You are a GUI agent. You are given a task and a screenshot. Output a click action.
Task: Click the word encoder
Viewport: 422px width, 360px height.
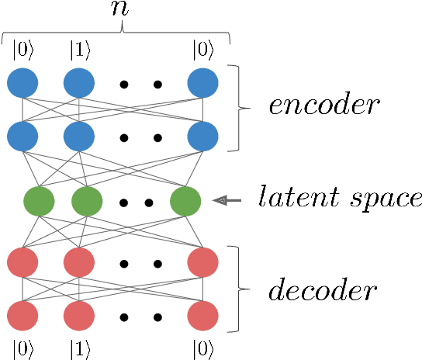pos(323,106)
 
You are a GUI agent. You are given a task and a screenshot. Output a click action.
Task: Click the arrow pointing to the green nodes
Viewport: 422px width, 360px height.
pos(227,200)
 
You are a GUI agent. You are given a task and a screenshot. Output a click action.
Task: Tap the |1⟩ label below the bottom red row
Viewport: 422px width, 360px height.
pos(78,348)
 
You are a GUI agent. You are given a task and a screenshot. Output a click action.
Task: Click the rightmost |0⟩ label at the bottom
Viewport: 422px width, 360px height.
pos(202,348)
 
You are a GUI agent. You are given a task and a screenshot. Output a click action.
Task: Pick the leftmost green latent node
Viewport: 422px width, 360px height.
pos(39,201)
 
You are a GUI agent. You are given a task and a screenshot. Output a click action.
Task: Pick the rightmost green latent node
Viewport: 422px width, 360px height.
pos(185,201)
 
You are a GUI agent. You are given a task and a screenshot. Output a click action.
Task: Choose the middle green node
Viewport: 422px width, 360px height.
pos(87,201)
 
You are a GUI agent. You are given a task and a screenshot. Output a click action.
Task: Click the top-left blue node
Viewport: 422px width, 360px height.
pos(23,83)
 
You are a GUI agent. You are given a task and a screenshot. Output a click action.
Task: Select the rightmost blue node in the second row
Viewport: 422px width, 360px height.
pos(202,137)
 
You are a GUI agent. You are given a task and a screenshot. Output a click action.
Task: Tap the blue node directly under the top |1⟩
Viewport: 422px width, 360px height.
pos(78,83)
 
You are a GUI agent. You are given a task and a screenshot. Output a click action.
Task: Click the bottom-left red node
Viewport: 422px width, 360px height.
pos(23,316)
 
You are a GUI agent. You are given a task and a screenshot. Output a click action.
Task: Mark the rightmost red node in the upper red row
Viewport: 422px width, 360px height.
pos(202,262)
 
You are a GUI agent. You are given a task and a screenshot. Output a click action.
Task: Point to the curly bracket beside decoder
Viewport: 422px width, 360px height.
pos(242,289)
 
